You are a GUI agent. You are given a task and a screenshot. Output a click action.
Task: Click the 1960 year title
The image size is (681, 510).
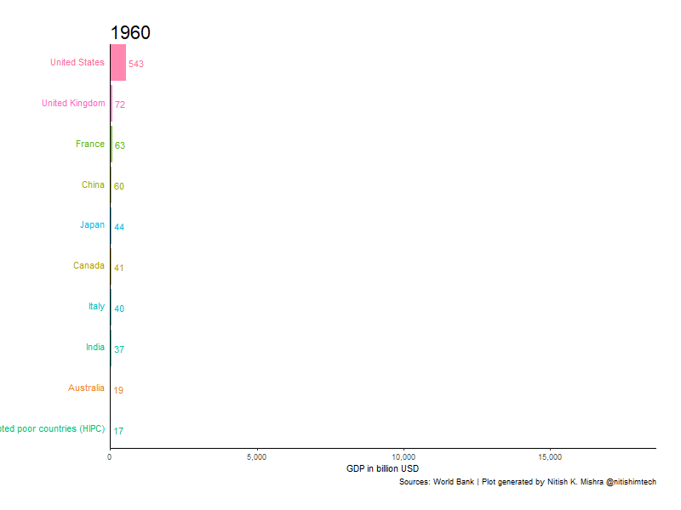[130, 33]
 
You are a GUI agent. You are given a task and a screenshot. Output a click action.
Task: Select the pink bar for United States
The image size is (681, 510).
[117, 63]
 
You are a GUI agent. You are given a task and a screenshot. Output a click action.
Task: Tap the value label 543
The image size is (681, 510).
[136, 64]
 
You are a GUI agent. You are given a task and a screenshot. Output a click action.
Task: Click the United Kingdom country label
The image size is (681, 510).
[73, 104]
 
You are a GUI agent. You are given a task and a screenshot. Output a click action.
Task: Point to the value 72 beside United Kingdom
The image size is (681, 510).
[120, 105]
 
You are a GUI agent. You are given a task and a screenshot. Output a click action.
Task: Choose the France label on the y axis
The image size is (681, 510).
[89, 144]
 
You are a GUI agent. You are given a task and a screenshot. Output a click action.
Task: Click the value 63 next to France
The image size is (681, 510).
[120, 145]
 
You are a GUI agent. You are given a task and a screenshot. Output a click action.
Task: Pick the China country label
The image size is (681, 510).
[93, 185]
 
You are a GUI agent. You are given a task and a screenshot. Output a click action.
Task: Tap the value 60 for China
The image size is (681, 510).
[119, 186]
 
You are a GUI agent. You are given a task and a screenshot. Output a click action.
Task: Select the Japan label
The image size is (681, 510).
[92, 225]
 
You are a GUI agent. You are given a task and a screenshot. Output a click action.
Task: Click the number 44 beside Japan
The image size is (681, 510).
[119, 227]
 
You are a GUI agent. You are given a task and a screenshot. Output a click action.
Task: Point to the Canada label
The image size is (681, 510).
[89, 266]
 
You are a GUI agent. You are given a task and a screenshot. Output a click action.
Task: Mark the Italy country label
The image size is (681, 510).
[96, 307]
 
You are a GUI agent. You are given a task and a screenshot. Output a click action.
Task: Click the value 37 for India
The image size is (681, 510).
[119, 349]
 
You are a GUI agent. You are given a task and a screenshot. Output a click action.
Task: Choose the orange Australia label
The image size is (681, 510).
[86, 388]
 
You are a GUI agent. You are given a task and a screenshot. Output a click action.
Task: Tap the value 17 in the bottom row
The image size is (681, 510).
[118, 431]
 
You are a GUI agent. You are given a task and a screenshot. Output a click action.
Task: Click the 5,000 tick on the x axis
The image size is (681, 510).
[256, 457]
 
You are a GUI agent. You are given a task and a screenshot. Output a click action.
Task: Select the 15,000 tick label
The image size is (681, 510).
[550, 457]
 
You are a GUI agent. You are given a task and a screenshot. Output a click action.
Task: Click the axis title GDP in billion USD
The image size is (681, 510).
[382, 469]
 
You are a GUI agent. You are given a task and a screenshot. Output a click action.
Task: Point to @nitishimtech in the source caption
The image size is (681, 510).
[631, 482]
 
